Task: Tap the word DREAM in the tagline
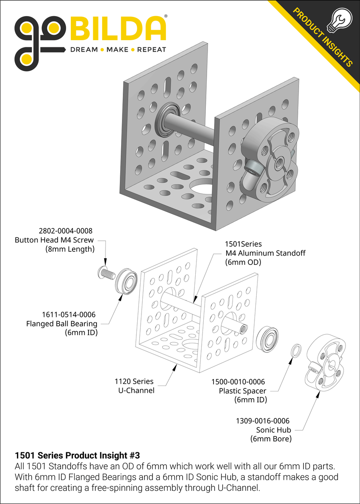[83, 50]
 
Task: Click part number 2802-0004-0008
[65, 231]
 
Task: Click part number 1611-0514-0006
[69, 314]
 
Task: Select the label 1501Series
[243, 244]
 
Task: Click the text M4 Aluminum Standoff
[265, 253]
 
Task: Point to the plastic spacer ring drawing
[297, 350]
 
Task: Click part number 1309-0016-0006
[263, 421]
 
